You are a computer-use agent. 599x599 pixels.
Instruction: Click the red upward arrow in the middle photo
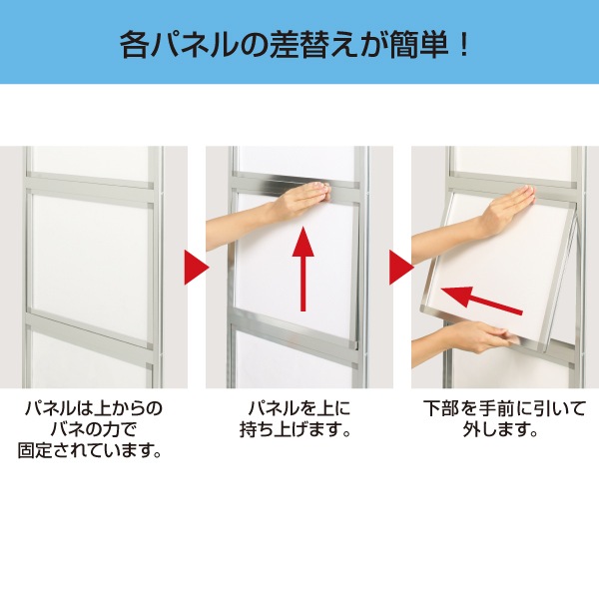[303, 269]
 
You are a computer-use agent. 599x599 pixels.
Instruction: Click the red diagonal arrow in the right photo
[481, 300]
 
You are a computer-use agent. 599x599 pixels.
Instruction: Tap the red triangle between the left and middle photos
[197, 268]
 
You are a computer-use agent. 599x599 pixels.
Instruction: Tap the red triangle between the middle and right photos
[402, 268]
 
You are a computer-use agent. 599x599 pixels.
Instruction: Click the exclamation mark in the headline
[464, 46]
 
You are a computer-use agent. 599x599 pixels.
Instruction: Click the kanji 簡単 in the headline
[417, 46]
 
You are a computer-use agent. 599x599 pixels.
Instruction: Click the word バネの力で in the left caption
[94, 429]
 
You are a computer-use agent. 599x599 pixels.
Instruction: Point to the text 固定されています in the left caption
[84, 451]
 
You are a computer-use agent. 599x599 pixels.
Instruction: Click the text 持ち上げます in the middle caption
[290, 429]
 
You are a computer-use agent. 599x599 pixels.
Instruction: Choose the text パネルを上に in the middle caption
[299, 408]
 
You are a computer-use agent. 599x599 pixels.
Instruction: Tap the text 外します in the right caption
[496, 429]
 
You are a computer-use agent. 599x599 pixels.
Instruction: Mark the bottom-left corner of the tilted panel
[421, 310]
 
